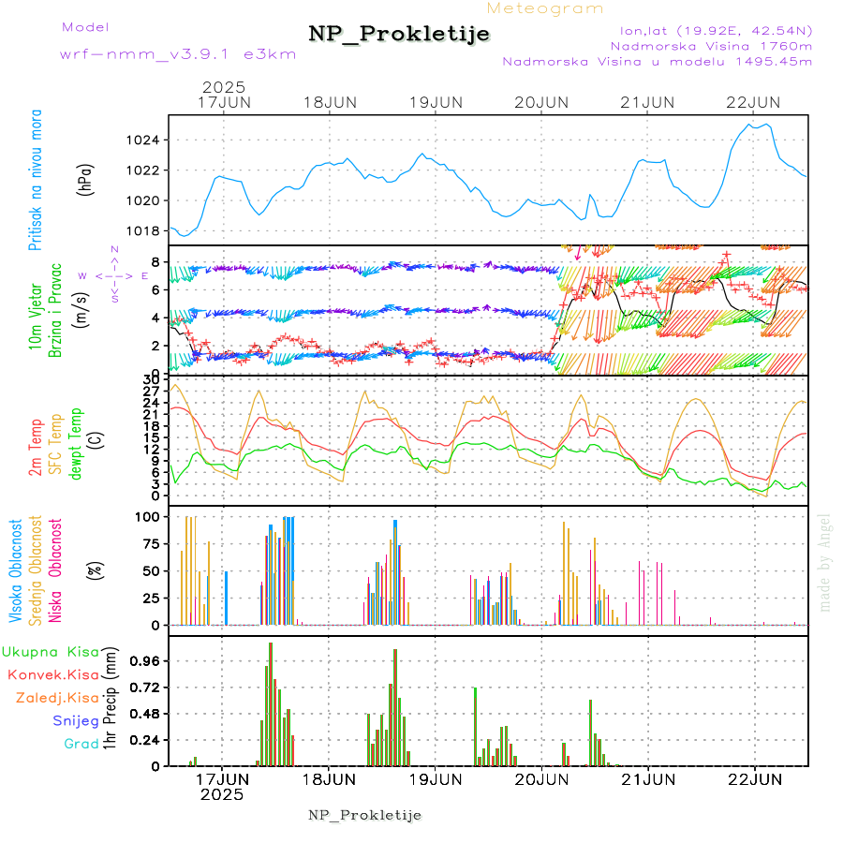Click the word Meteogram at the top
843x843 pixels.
click(546, 8)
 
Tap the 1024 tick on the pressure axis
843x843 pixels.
click(143, 140)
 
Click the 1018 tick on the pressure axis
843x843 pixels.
click(143, 230)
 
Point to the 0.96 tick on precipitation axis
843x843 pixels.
click(144, 660)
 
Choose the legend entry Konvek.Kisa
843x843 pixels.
click(53, 674)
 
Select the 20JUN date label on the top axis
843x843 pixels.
click(542, 101)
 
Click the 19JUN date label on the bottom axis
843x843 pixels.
click(436, 777)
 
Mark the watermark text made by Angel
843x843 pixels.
click(825, 562)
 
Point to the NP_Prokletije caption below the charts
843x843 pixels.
click(364, 814)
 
